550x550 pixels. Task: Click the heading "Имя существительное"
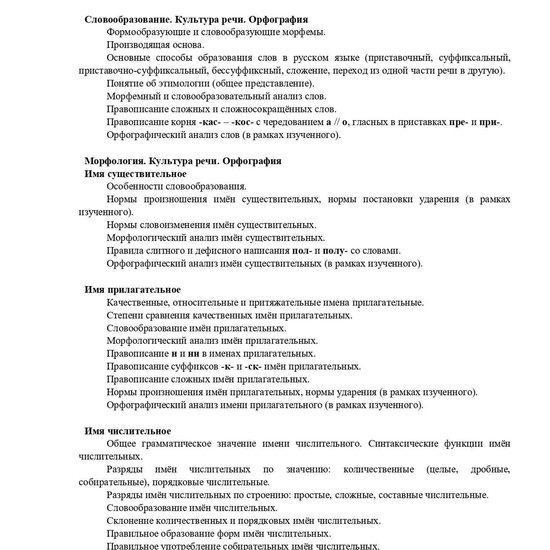click(x=135, y=174)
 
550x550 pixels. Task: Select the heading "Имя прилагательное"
click(x=132, y=290)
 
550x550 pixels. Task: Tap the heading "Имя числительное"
click(x=128, y=431)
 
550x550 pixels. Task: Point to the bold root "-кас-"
click(x=210, y=122)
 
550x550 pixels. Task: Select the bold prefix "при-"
click(x=489, y=122)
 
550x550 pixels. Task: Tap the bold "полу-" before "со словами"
click(x=335, y=251)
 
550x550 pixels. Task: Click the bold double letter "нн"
click(x=193, y=354)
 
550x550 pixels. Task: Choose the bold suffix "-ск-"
click(x=253, y=367)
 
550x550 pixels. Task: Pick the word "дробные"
click(x=490, y=469)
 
